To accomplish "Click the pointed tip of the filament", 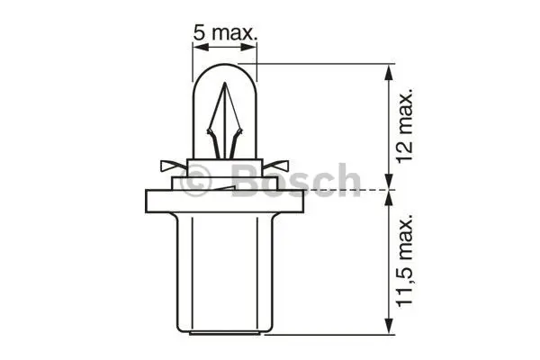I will [x=225, y=90].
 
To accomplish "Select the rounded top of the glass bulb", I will [x=225, y=67].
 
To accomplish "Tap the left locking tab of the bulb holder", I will [x=167, y=166].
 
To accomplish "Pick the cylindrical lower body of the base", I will [x=225, y=270].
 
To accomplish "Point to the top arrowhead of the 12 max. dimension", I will [x=388, y=69].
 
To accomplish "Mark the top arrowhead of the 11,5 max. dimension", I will [x=388, y=197].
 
